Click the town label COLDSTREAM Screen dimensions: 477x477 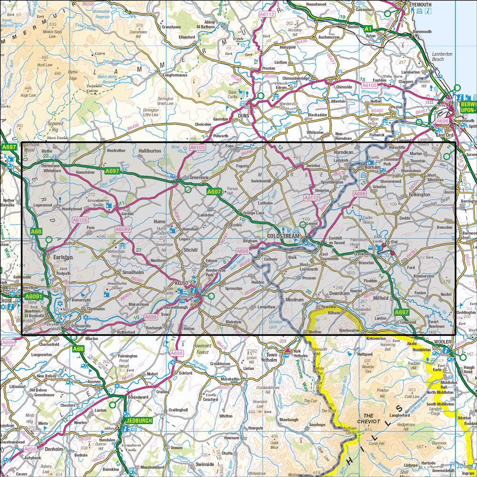(x=283, y=236)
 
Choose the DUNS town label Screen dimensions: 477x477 (x=244, y=115)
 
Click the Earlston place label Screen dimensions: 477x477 (x=63, y=257)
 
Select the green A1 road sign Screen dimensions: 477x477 (x=367, y=29)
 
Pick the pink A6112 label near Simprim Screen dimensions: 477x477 (x=311, y=197)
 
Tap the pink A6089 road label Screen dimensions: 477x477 (x=123, y=229)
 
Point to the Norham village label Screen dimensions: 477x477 (x=373, y=167)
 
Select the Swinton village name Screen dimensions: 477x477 (x=313, y=165)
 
